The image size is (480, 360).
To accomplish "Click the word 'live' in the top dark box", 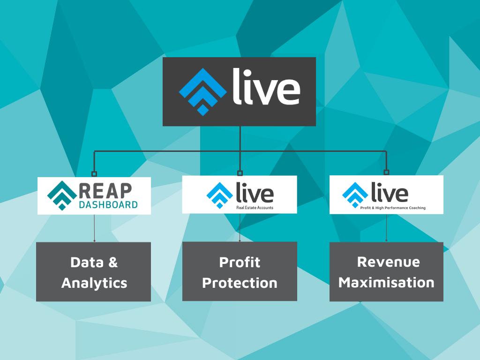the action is (266, 87).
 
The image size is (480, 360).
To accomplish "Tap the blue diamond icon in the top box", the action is (202, 92).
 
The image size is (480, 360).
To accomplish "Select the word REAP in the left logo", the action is (105, 191).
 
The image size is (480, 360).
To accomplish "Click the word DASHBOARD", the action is (108, 205).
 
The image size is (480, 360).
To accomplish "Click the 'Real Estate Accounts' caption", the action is (255, 208).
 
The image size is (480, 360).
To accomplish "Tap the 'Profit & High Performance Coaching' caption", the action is (393, 208).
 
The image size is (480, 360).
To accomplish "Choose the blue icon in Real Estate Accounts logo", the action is (220, 195).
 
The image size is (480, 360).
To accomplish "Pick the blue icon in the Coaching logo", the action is (355, 195).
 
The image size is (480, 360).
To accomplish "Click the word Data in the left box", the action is (87, 262).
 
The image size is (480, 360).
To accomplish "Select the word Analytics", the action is (94, 283).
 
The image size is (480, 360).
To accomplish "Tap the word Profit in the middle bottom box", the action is (240, 262).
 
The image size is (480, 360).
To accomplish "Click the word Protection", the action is (240, 283).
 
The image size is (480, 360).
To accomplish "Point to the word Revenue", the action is (389, 262).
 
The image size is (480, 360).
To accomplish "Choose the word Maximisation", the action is (386, 283).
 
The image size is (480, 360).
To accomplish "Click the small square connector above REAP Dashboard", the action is (94, 174).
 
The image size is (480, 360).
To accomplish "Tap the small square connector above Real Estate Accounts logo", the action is (240, 173).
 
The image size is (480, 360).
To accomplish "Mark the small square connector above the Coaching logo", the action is (386, 172).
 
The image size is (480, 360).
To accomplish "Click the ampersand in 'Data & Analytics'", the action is (113, 262).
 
